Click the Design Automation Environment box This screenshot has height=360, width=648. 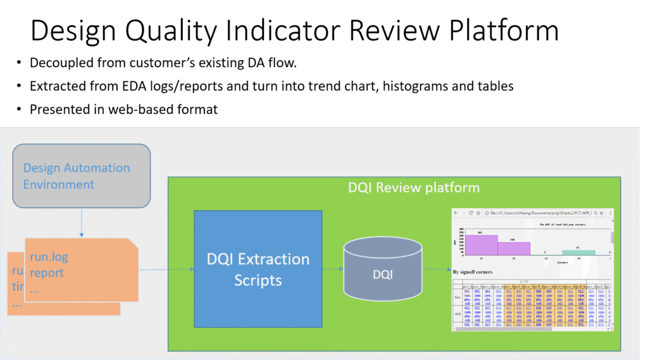pos(82,176)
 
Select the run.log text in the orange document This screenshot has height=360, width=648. pos(49,258)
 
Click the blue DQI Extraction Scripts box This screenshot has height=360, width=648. pos(258,268)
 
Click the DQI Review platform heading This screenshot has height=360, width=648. pos(414,188)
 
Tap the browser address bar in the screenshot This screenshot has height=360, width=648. pos(538,213)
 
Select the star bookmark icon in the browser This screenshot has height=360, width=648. pos(601,213)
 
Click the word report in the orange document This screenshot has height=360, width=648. pos(47,273)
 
